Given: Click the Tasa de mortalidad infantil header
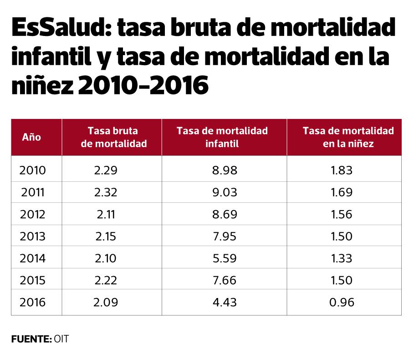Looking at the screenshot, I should coord(222,137).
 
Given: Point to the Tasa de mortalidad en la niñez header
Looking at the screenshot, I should coord(348,137).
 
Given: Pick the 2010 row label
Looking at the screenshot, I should coord(33,170).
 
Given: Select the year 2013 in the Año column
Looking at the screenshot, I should coord(33,237).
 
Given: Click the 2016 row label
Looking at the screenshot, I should coord(33,302).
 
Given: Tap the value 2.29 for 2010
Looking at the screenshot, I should coord(106,170).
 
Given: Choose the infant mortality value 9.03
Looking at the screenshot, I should coord(225,192).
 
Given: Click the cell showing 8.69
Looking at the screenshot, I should coord(225,214).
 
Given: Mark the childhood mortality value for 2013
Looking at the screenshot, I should coord(341,237).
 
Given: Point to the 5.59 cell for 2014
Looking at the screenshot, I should coord(225,258).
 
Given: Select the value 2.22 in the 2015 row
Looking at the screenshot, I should coord(106,280).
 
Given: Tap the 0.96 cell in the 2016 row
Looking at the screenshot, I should coord(342,302).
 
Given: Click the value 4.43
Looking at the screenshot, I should coord(225,302).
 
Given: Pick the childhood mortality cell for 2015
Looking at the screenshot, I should coord(341,280).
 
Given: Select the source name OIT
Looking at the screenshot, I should coord(61,339).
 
